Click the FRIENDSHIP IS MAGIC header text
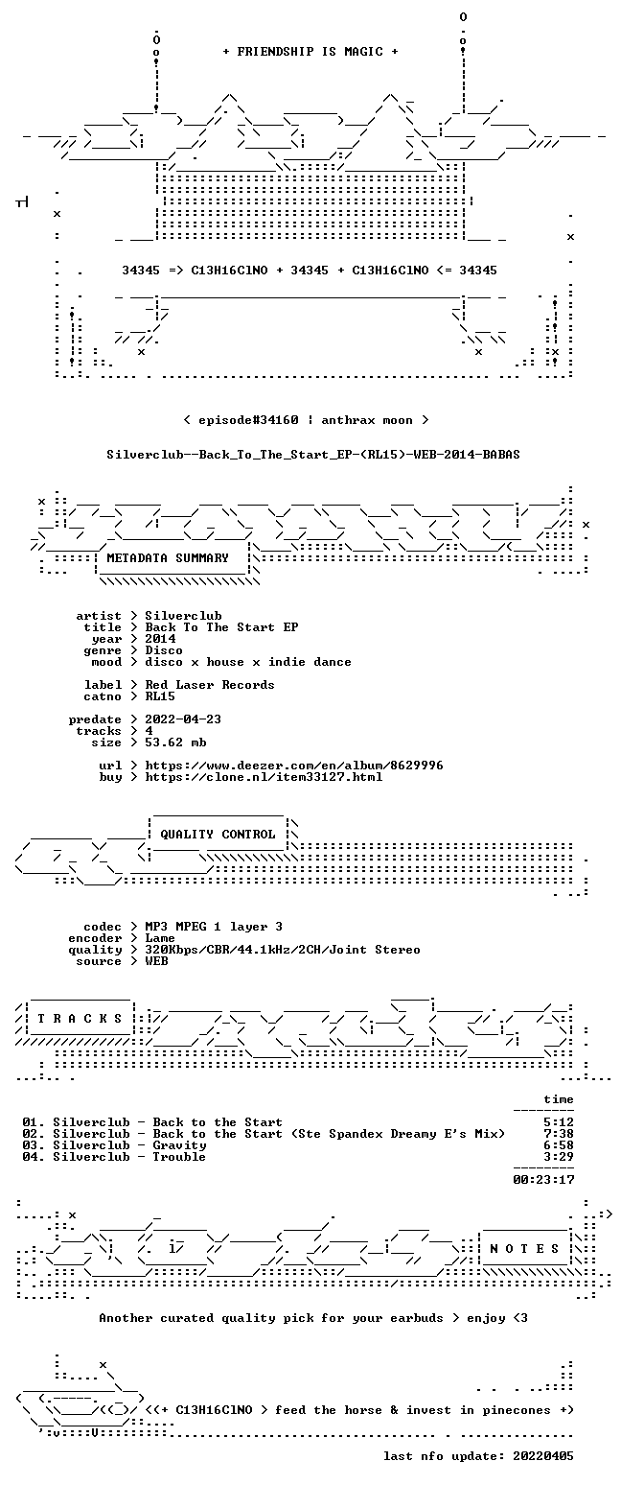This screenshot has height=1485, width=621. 310,52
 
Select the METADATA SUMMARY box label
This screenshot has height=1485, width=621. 168,558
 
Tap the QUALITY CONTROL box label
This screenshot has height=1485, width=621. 218,835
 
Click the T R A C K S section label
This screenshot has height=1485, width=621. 80,1018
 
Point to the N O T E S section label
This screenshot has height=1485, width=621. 524,1248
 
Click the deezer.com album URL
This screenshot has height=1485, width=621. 294,766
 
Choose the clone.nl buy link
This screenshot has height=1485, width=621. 264,777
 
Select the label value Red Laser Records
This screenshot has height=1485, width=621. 210,685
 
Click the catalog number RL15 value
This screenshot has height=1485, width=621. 160,696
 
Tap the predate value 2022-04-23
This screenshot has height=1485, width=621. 183,719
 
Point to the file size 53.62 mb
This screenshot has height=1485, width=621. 175,742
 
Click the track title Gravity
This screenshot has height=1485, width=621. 179,1145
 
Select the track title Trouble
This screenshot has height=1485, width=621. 179,1157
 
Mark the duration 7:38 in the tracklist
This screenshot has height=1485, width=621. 559,1134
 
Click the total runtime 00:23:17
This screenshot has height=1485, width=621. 543,1179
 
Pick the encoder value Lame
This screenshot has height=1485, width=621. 160,938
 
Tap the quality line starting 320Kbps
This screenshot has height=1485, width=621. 283,950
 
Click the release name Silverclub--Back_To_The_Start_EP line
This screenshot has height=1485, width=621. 313,455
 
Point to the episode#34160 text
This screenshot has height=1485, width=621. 248,420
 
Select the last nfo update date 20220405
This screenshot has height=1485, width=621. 543,1456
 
